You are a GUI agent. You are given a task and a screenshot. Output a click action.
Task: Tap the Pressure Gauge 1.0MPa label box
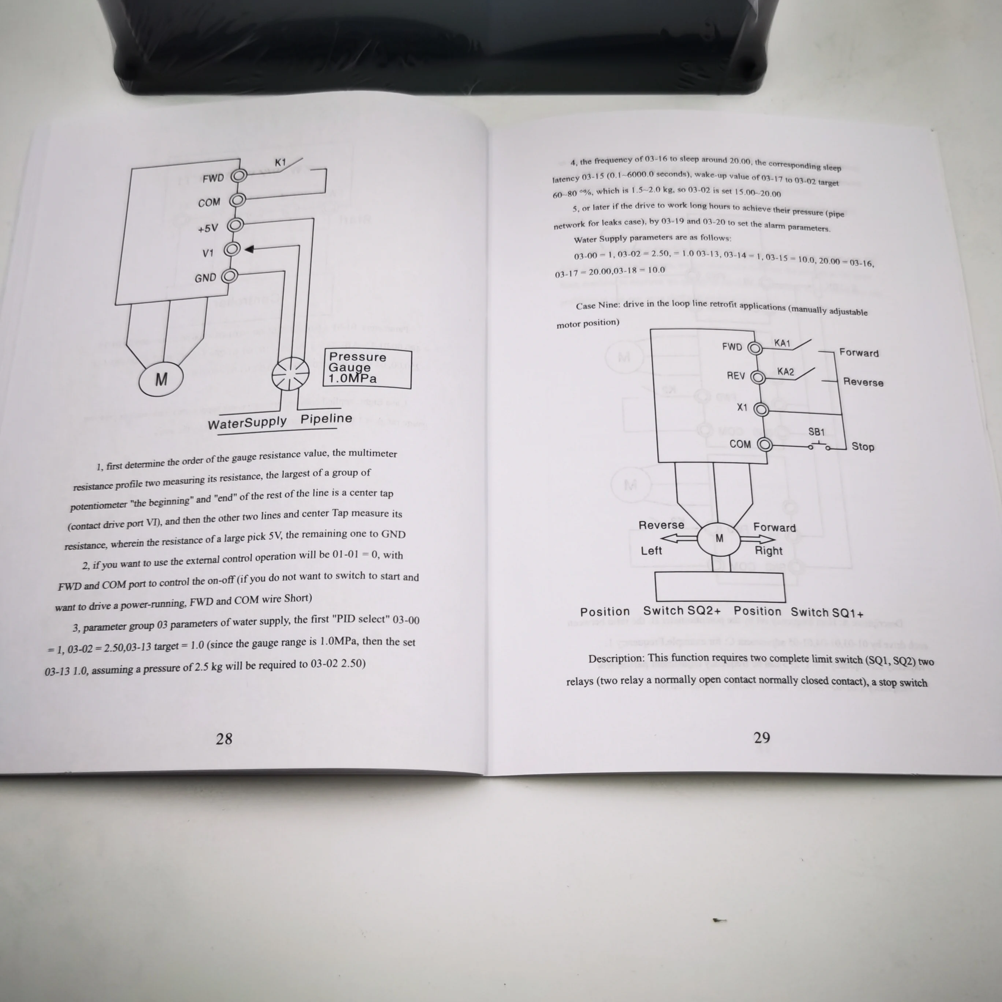368,369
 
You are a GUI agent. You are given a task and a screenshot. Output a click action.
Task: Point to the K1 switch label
280,162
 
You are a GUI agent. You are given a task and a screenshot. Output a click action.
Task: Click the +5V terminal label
208,228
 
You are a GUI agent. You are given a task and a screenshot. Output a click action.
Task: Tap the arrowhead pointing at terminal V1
249,249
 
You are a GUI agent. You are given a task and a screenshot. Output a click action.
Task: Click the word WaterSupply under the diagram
247,423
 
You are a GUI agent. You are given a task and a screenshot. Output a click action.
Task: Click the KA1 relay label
782,343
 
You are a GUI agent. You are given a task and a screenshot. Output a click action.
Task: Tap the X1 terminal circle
761,410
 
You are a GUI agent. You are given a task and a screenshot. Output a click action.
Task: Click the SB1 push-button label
816,432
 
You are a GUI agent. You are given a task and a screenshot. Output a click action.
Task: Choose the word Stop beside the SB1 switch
862,446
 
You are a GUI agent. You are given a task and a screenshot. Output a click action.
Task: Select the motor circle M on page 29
719,539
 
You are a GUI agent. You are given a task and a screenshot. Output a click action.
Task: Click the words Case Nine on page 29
597,305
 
